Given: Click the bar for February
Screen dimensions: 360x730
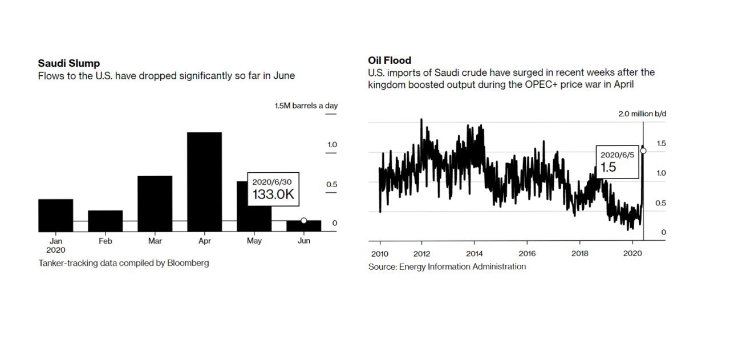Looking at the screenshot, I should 105,221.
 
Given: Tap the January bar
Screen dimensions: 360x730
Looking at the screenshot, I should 55,215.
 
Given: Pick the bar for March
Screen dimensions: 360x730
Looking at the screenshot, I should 155,203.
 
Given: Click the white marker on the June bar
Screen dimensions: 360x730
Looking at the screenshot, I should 303,221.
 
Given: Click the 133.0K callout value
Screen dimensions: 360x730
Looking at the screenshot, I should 273,195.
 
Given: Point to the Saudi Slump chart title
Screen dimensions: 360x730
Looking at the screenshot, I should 68,63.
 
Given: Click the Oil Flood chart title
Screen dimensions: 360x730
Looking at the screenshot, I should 390,60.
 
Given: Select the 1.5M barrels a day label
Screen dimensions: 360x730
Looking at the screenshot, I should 306,106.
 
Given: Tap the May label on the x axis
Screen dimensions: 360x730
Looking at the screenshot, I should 254,241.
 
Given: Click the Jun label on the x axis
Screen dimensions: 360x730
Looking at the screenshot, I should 304,241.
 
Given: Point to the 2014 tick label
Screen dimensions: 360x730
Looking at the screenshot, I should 474,253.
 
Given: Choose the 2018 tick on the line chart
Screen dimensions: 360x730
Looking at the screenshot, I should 580,253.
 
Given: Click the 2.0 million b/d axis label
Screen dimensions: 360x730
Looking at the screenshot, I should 642,114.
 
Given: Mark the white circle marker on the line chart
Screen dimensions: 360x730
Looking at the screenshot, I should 643,151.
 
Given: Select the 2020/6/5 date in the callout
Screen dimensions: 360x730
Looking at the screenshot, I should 617,155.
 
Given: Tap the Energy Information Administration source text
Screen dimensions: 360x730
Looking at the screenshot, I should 462,266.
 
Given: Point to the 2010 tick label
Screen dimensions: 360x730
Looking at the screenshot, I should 379,253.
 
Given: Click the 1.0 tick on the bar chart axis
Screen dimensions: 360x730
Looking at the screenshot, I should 332,145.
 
